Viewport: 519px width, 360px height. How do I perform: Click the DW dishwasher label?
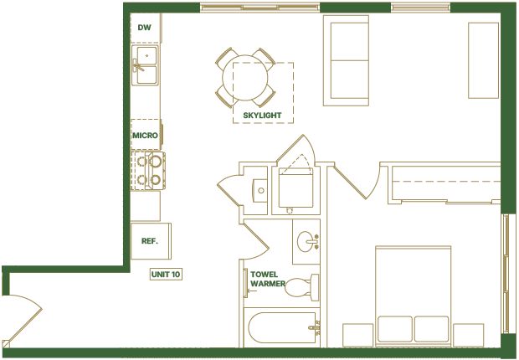[x=144, y=28]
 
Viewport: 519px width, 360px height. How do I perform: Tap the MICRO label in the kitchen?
[x=145, y=136]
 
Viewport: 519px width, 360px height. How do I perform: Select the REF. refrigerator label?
[x=150, y=241]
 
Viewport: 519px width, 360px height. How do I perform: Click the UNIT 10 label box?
[x=166, y=275]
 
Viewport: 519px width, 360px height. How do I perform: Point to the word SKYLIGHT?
[x=262, y=116]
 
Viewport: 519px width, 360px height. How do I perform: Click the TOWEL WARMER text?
[x=268, y=279]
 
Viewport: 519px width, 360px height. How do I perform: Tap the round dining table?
[x=245, y=78]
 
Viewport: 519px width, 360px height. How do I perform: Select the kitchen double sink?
[x=145, y=65]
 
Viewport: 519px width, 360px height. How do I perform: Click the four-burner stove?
[x=148, y=171]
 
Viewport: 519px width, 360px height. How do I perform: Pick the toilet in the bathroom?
[x=302, y=287]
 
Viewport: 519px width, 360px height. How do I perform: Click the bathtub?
[x=282, y=327]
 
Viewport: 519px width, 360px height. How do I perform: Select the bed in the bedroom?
[x=413, y=296]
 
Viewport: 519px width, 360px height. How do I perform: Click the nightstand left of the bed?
[x=357, y=335]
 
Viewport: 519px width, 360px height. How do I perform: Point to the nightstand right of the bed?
[x=469, y=335]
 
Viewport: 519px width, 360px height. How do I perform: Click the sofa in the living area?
[x=347, y=60]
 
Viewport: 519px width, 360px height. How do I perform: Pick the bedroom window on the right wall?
[x=506, y=273]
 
